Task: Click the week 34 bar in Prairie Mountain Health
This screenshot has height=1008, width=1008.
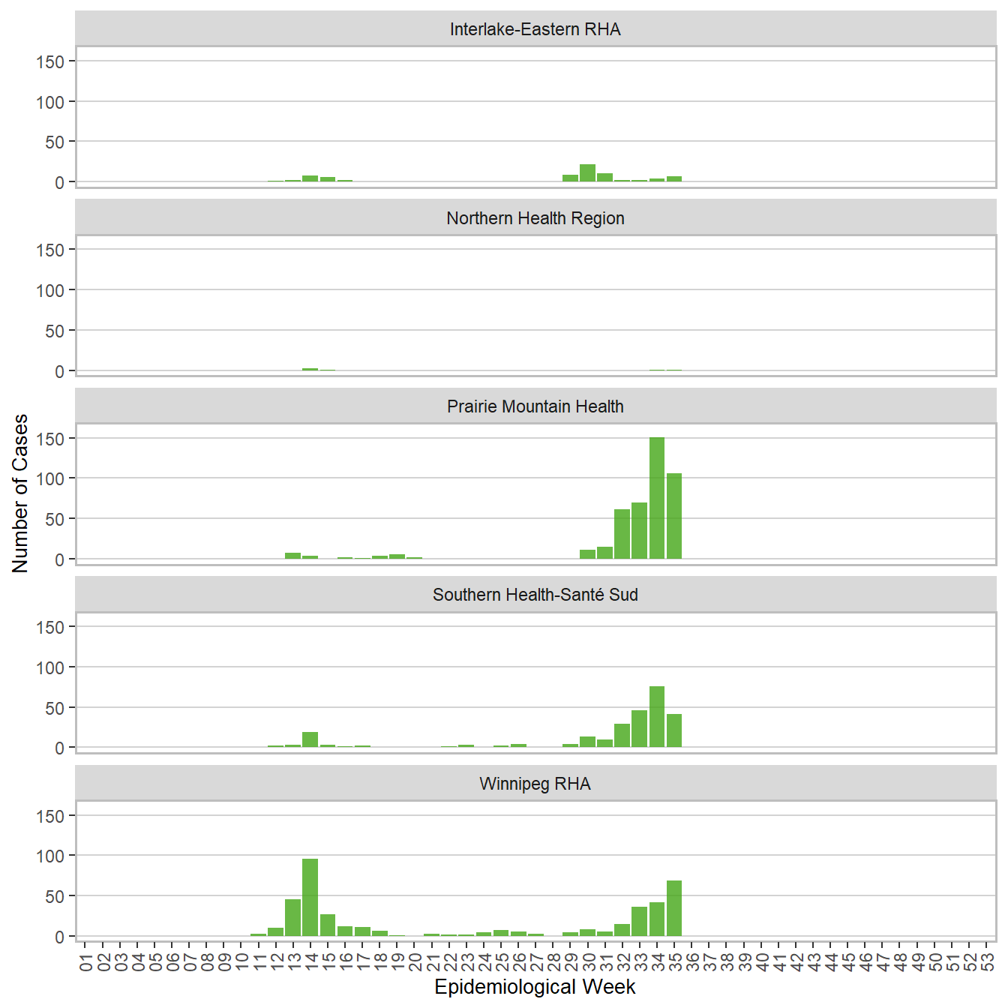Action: pos(657,498)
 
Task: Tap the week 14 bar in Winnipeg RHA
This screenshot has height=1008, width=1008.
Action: pos(310,897)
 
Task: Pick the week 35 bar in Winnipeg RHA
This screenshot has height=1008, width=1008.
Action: pos(674,908)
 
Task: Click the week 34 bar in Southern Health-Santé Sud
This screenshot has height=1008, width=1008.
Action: pos(657,717)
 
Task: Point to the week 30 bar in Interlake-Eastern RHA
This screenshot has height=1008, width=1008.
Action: pos(587,173)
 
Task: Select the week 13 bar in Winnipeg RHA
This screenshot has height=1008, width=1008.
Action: pos(292,917)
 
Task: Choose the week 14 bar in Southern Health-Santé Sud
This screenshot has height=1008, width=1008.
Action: pos(310,739)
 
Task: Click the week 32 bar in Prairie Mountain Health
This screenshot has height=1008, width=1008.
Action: pos(622,534)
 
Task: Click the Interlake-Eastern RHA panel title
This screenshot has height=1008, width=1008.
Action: pos(535,29)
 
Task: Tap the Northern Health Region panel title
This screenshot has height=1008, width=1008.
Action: pos(535,218)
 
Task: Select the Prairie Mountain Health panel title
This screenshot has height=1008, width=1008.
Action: pos(535,406)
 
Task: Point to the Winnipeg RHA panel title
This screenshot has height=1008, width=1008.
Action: pos(535,784)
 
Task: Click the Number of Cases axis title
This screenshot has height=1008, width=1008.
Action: pos(20,493)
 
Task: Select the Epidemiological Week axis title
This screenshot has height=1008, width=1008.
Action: pos(535,987)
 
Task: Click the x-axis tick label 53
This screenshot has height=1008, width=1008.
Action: pos(988,961)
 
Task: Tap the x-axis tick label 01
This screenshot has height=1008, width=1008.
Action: pos(85,961)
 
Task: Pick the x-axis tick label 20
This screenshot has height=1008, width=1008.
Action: pos(415,961)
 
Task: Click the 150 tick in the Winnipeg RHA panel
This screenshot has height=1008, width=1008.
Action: pos(50,816)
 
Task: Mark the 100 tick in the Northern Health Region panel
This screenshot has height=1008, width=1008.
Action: pos(50,290)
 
